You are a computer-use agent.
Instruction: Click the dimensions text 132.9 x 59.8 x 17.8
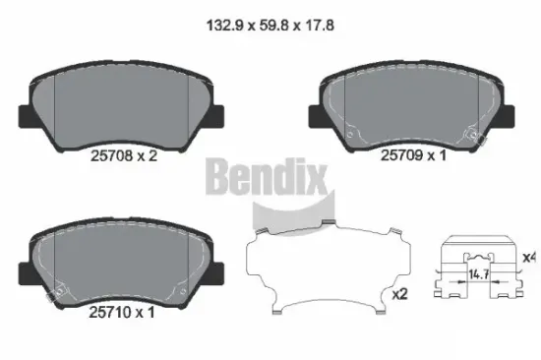point(270,17)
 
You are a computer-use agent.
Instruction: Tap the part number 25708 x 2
point(122,154)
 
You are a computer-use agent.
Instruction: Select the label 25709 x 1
point(414,154)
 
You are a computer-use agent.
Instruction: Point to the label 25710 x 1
point(122,313)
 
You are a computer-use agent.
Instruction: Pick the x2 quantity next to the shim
point(400,293)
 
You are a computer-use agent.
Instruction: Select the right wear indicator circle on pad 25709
point(476,130)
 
